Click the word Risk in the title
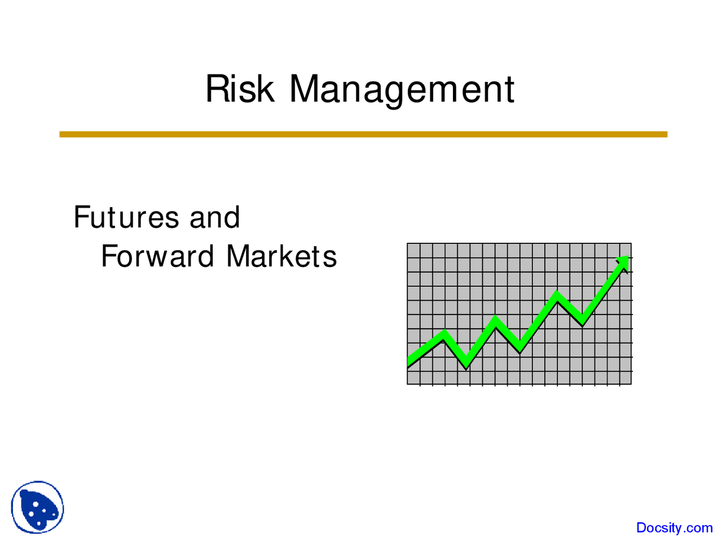click(x=240, y=89)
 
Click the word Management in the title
click(x=402, y=89)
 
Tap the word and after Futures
click(x=214, y=217)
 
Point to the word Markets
click(x=281, y=256)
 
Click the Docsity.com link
click(x=674, y=528)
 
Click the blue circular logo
click(x=37, y=507)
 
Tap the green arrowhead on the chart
click(x=623, y=262)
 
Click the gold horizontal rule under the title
click(x=363, y=134)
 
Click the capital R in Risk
click(x=216, y=89)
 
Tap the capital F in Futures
click(x=81, y=217)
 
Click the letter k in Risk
click(x=266, y=89)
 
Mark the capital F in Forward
click(x=108, y=256)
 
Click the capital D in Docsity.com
click(x=641, y=528)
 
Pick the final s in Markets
click(x=331, y=258)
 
